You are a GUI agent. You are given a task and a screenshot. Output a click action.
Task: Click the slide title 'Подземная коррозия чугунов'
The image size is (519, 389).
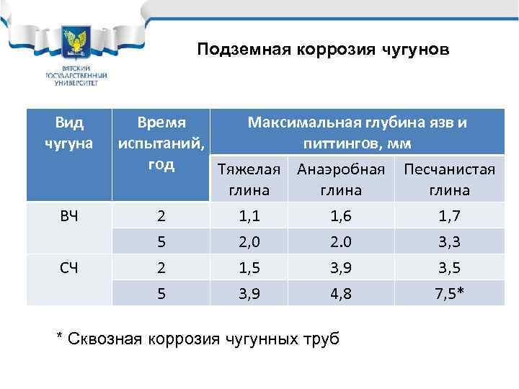tap(324, 50)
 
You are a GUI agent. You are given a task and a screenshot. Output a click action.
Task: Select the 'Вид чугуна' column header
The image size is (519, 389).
tap(69, 133)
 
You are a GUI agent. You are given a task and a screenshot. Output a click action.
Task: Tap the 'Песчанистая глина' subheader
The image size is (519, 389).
tap(449, 179)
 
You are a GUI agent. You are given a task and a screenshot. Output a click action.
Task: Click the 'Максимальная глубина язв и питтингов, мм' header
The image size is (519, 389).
tap(357, 133)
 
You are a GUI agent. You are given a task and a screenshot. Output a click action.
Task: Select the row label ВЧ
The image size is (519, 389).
tap(69, 215)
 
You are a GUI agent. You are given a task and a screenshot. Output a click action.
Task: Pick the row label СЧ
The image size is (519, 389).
tap(69, 267)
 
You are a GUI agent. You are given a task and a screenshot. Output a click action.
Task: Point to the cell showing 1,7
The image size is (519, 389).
tap(449, 215)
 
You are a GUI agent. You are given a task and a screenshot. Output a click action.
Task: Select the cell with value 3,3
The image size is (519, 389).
tap(449, 241)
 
